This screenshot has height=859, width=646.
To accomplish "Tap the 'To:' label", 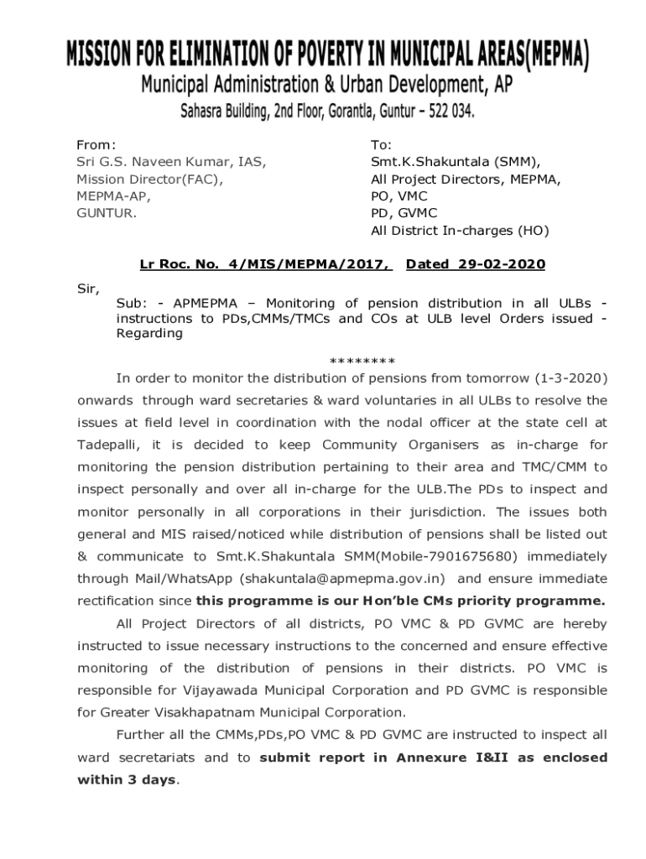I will [x=382, y=145].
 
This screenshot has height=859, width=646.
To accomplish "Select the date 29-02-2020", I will [x=501, y=265].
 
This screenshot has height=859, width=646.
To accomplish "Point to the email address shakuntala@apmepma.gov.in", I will [x=343, y=578].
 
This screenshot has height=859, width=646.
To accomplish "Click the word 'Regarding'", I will [x=148, y=333].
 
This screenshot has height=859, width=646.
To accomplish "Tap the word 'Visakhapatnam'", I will [x=221, y=712].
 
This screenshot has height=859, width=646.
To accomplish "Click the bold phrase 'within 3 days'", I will [x=127, y=779].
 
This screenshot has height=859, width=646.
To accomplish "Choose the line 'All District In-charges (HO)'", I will [x=460, y=231].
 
